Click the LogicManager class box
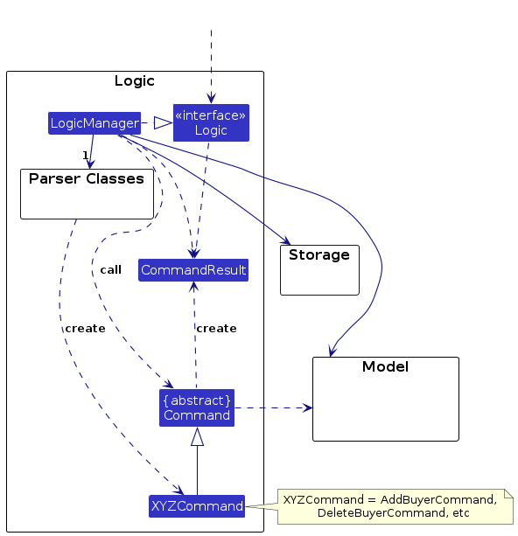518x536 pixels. pyautogui.click(x=94, y=123)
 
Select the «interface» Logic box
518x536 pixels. pyautogui.click(x=211, y=122)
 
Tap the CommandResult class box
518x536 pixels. pyautogui.click(x=193, y=270)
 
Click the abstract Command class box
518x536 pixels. pyautogui.click(x=197, y=407)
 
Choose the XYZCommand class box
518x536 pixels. pyautogui.click(x=197, y=506)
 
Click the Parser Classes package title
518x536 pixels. pyautogui.click(x=87, y=178)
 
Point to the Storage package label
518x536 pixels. pyautogui.click(x=319, y=254)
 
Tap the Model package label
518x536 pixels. pyautogui.click(x=385, y=366)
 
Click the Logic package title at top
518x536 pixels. pyautogui.click(x=135, y=81)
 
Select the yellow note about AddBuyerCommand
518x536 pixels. pyautogui.click(x=395, y=506)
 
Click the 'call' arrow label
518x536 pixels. pyautogui.click(x=111, y=269)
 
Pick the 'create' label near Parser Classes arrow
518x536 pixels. pyautogui.click(x=85, y=329)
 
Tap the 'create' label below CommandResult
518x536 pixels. pyautogui.click(x=217, y=329)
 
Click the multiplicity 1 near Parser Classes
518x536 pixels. pyautogui.click(x=85, y=156)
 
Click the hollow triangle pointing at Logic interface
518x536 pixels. pyautogui.click(x=164, y=123)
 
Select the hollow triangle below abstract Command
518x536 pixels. pyautogui.click(x=197, y=436)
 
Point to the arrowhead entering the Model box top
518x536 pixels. pyautogui.click(x=332, y=352)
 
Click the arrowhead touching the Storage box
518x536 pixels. pyautogui.click(x=285, y=240)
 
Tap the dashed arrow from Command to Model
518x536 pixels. pyautogui.click(x=273, y=407)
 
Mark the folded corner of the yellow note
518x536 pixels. pyautogui.click(x=508, y=493)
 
